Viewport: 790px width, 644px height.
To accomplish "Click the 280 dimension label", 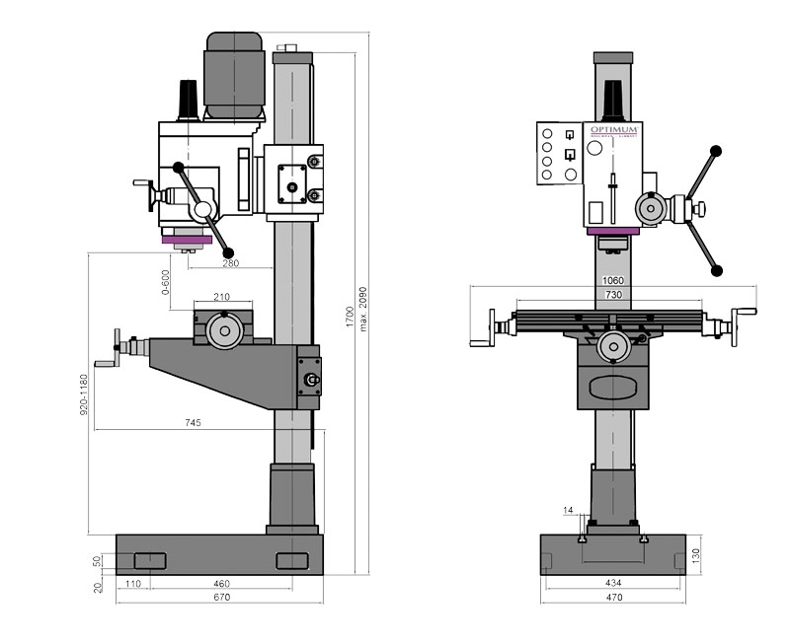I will (x=229, y=263).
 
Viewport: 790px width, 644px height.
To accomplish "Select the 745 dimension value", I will (x=193, y=423).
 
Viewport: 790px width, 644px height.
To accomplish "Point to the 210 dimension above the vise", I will (x=221, y=297).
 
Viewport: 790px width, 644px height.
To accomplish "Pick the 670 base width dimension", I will (x=218, y=598).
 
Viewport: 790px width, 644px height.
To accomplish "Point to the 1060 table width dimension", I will (x=613, y=281).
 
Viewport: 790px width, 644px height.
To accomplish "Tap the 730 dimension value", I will (x=613, y=295).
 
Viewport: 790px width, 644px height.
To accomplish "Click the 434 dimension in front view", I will (x=613, y=585).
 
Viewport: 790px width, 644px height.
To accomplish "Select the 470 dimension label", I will (x=613, y=598).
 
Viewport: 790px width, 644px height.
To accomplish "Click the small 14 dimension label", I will (x=567, y=510).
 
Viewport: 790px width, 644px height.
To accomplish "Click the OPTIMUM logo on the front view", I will (x=615, y=130).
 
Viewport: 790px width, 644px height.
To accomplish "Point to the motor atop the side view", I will (x=233, y=74).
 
